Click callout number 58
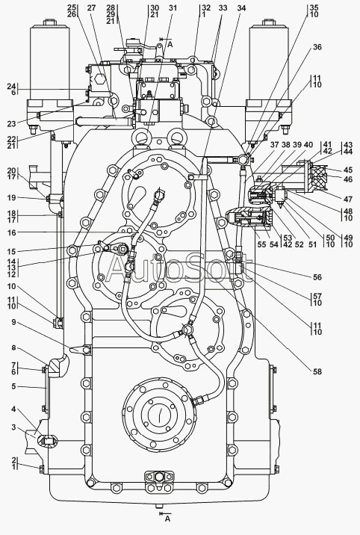pos(317,371)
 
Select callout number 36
pos(317,47)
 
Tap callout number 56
pos(317,277)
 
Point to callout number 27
pos(91,8)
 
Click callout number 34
pos(241,8)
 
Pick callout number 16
pos(12,232)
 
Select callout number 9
pos(13,322)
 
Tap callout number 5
pos(13,386)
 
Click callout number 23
pos(12,123)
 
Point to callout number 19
pos(12,197)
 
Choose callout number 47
pos(348,200)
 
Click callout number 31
pos(173,8)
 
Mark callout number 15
pos(12,252)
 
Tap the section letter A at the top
pos(170,44)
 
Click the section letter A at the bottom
pos(167,519)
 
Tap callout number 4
pos(13,409)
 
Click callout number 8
pos(13,347)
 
